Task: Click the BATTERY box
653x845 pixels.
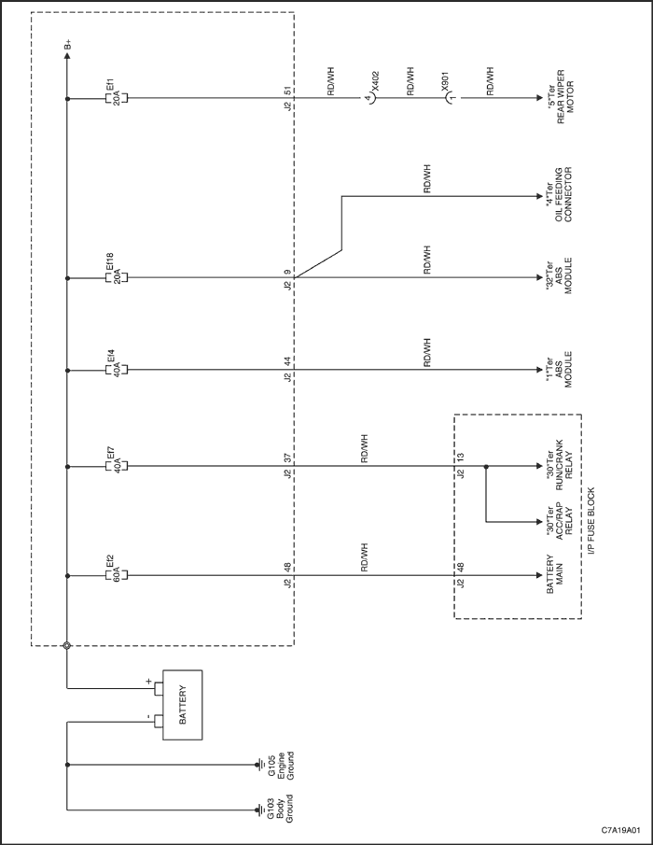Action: tap(183, 705)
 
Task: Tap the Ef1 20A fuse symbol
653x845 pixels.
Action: tap(116, 98)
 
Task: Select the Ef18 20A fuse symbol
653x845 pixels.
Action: tap(116, 278)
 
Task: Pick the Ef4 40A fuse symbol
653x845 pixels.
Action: tap(116, 370)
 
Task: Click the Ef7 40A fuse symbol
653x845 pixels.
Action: tap(116, 466)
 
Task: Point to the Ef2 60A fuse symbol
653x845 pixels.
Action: tap(116, 575)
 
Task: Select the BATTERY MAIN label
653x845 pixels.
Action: tap(554, 575)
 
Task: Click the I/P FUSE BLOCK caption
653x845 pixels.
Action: tap(591, 522)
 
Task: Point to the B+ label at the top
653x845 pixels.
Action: tap(67, 45)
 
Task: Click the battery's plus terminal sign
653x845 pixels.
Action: tap(148, 681)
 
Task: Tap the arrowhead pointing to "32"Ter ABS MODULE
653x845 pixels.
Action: tap(539, 278)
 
